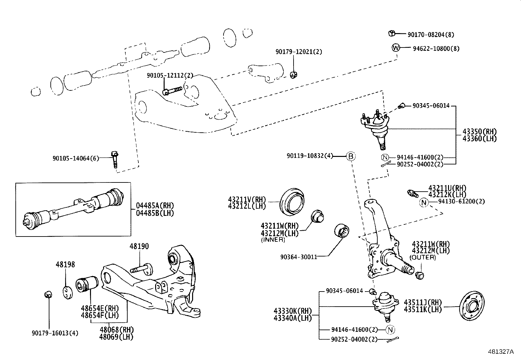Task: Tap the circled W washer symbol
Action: point(396,48)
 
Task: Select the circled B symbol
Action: point(350,157)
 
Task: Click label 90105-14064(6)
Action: point(76,158)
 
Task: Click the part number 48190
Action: point(139,246)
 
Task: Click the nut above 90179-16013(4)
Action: point(48,294)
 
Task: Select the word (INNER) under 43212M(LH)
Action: point(273,240)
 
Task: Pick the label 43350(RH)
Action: point(479,132)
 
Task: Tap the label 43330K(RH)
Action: point(293,311)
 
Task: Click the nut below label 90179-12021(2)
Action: point(294,75)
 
